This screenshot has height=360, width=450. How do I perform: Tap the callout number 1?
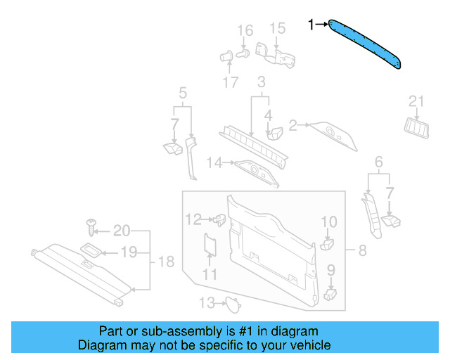tap(311, 25)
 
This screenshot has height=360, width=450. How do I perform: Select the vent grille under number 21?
tap(416, 126)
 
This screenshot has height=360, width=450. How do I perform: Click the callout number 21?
tap(417, 103)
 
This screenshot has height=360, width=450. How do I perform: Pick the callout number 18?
tap(165, 262)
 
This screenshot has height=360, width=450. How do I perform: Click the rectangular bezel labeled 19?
tap(92, 250)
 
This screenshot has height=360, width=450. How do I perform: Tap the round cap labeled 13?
tap(230, 304)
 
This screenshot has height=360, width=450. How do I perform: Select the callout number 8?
tap(362, 250)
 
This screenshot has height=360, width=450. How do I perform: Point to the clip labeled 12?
tap(219, 220)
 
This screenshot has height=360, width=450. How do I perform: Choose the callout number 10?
tap(329, 223)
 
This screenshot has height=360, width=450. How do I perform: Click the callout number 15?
tap(278, 28)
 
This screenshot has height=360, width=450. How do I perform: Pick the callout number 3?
tap(260, 82)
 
